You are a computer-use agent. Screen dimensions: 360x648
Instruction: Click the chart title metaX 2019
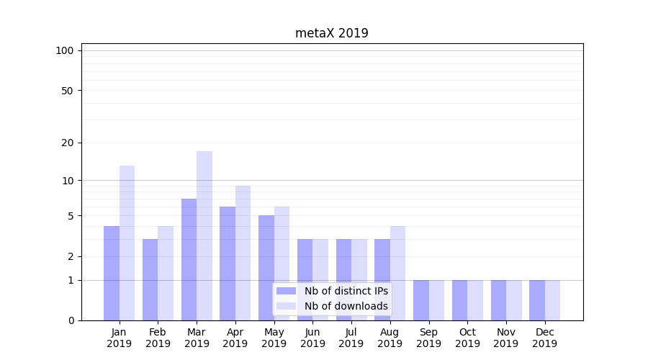(331, 33)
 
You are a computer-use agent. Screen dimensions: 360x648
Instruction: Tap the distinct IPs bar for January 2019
(112, 273)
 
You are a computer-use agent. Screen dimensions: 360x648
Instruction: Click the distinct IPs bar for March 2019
(189, 259)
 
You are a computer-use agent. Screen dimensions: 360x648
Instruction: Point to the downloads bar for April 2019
(243, 253)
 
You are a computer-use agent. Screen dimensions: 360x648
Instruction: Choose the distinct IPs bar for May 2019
(266, 267)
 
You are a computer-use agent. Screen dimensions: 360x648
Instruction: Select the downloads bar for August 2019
(397, 273)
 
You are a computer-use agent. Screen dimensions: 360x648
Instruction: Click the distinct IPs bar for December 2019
(537, 300)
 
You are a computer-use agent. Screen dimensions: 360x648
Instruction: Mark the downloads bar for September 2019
(436, 300)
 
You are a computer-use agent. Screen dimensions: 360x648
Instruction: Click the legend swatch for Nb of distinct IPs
(287, 291)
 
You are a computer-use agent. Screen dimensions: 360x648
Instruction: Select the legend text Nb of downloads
(346, 306)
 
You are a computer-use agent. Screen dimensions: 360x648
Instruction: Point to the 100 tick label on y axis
(65, 50)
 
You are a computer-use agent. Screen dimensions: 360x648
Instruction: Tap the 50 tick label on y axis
(68, 91)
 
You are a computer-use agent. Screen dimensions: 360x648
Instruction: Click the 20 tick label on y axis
(68, 143)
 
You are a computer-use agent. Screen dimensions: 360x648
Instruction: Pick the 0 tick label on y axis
(71, 320)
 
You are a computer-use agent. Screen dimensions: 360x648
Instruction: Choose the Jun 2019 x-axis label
(312, 338)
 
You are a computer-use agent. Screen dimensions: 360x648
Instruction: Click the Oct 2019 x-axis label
(467, 338)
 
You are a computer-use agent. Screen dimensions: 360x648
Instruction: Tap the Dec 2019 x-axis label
(544, 338)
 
